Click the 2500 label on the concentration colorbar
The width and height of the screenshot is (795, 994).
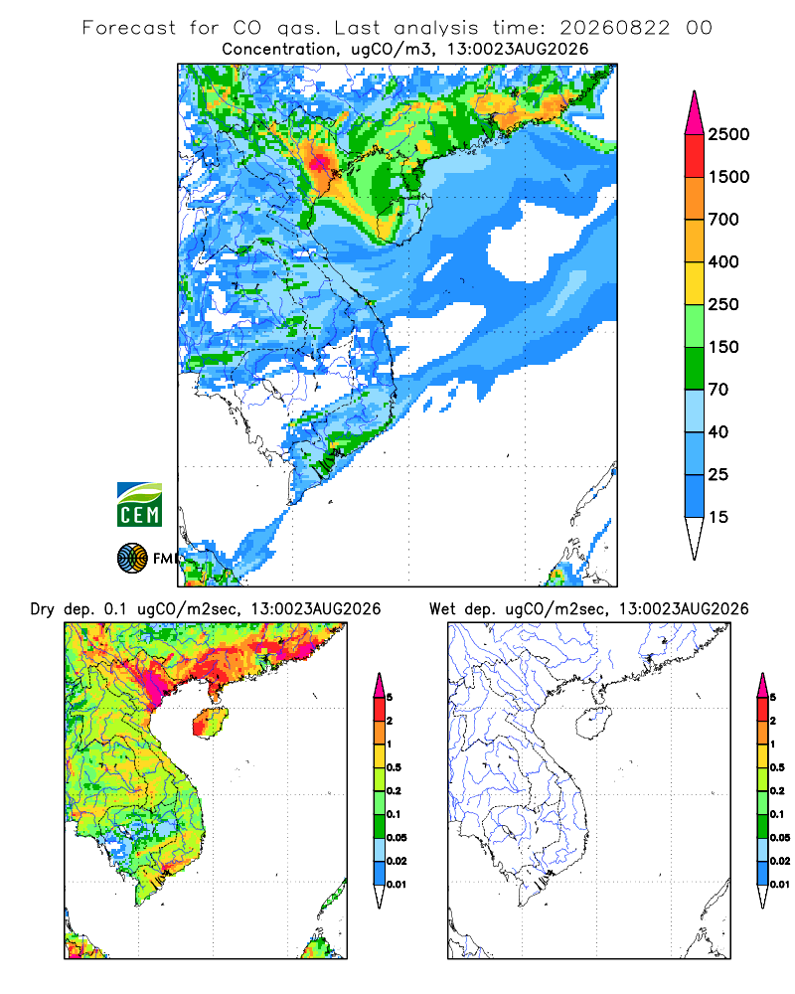(x=728, y=134)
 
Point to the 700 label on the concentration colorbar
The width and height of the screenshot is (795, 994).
(x=723, y=220)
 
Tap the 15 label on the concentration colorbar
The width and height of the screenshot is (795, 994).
(x=718, y=517)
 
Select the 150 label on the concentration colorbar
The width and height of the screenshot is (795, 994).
(x=723, y=347)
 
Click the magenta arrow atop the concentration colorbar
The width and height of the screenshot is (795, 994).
(x=695, y=113)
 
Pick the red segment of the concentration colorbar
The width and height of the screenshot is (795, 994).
(x=695, y=156)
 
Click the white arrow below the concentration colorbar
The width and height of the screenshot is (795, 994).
(x=695, y=538)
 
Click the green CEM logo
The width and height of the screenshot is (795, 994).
(x=139, y=504)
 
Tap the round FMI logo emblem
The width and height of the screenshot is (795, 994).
(x=132, y=558)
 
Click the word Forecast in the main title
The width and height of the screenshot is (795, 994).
(x=129, y=28)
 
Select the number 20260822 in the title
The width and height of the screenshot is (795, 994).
(x=614, y=28)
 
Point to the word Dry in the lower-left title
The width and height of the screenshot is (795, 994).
(x=43, y=609)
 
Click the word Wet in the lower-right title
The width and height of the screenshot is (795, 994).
(x=442, y=609)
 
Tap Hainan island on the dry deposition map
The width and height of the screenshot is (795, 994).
(x=210, y=722)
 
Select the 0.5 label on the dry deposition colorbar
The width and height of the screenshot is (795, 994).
(x=395, y=767)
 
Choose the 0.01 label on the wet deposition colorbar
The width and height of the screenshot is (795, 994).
(x=780, y=885)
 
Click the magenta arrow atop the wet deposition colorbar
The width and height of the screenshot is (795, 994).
(x=762, y=685)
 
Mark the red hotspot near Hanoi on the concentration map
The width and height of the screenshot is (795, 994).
(x=319, y=163)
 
